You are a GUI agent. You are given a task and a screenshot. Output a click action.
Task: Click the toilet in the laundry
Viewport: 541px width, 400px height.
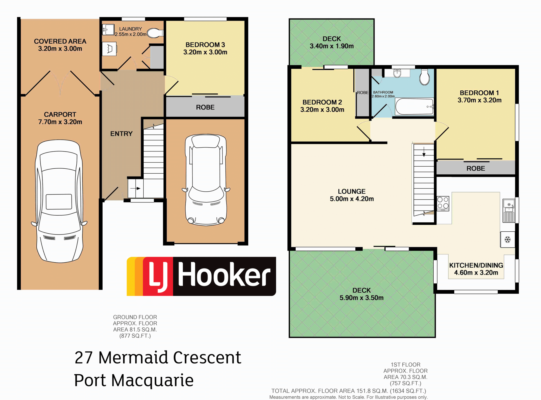point(155,33)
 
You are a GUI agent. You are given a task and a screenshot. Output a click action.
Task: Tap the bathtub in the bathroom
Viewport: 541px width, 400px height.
point(414,106)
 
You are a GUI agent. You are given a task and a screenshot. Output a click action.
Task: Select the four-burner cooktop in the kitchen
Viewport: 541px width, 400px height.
point(443,203)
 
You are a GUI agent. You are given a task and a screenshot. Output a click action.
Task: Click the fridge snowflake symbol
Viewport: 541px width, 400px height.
point(507,240)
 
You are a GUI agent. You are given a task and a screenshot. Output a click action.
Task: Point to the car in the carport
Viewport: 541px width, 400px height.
point(59,201)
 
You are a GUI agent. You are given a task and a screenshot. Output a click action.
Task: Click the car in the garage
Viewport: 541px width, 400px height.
point(206,180)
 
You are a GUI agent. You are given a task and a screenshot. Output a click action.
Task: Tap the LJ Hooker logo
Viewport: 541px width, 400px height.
point(201,276)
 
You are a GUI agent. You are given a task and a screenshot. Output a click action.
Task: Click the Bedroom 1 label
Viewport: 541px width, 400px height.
point(479,97)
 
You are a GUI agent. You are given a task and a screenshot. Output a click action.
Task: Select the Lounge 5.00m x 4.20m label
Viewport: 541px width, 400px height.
point(352,195)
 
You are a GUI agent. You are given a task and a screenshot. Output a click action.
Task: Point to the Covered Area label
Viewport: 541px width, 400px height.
point(60,45)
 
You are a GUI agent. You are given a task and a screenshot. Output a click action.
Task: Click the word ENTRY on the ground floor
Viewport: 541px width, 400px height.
point(121,134)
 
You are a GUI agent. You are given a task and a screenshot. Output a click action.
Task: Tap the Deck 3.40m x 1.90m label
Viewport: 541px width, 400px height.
point(332,42)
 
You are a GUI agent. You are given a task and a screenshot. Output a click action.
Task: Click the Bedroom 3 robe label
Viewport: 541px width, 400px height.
point(205,107)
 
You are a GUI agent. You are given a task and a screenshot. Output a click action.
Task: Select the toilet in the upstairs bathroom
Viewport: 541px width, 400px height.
point(424,77)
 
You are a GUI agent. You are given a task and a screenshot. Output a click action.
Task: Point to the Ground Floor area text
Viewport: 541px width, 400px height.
point(135,326)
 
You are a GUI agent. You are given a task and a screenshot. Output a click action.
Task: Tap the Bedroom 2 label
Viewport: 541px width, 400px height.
point(322,106)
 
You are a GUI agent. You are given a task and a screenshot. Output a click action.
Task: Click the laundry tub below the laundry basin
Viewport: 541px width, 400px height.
point(109,49)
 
